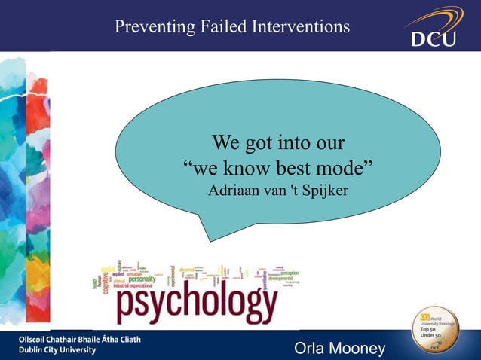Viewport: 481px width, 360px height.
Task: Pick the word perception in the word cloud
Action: click(291, 272)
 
